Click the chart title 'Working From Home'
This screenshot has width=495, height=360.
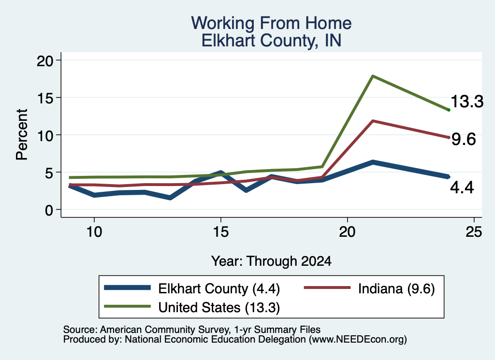point(271,23)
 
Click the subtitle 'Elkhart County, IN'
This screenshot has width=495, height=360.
point(271,41)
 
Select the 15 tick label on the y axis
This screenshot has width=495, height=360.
point(45,98)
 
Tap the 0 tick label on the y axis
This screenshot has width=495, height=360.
point(49,210)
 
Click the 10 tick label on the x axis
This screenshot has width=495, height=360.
point(94,232)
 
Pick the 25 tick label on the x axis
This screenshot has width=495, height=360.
point(474,232)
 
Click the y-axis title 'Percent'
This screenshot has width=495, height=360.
point(22,135)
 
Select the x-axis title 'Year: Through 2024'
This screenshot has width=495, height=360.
point(271,261)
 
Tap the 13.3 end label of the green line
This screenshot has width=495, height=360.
point(467,101)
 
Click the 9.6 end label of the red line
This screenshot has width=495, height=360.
point(464,139)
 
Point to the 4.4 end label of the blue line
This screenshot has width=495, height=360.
point(462,187)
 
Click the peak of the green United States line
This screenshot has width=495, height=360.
point(373,76)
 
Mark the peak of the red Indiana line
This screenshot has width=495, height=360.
point(373,121)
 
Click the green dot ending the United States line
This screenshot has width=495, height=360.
point(449,110)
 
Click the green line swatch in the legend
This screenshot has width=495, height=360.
point(127,306)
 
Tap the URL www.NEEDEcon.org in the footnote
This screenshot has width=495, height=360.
point(358,340)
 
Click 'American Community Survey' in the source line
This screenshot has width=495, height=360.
point(165,330)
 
